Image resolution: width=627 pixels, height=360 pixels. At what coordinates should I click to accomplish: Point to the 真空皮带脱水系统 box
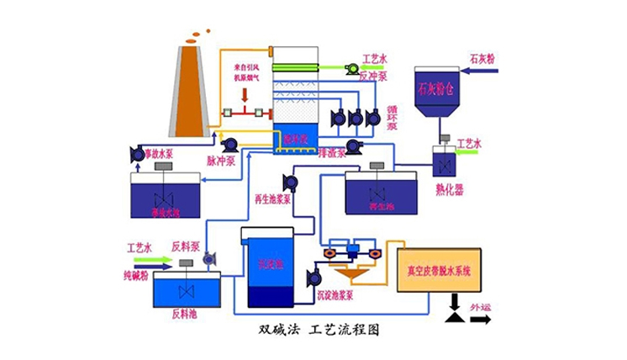point(438,271)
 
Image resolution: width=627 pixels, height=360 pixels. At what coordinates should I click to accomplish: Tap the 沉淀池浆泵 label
point(337,295)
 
